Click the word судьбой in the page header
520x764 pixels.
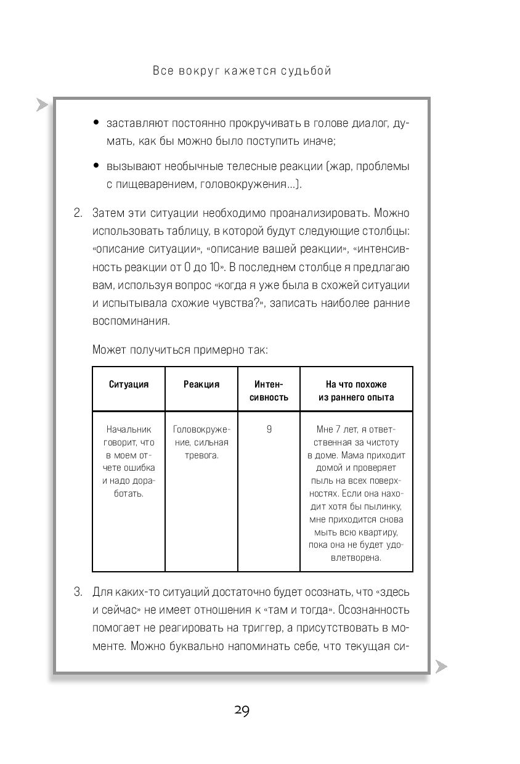pos(306,71)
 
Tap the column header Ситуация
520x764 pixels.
pos(129,384)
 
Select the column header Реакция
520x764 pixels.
pos(201,384)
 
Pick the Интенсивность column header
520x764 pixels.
pos(269,391)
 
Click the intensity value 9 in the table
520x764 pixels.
pos(269,429)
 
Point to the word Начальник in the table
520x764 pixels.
pos(129,429)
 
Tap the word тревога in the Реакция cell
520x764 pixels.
pos(201,455)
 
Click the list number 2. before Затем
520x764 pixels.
pos(78,213)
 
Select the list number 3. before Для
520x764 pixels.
pos(78,592)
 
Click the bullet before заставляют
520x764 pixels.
pos(96,123)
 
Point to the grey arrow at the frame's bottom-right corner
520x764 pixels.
pos(441,665)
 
